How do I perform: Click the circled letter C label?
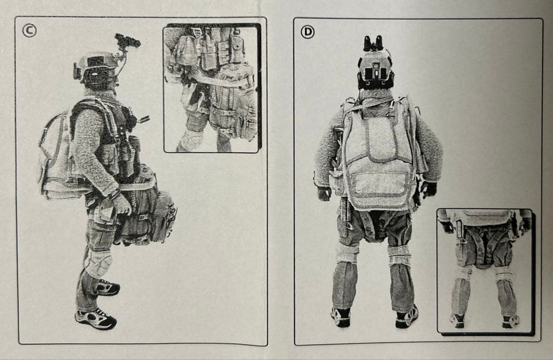click(x=29, y=31)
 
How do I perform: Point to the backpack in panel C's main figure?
click(x=55, y=154)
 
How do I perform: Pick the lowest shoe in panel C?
click(x=96, y=319)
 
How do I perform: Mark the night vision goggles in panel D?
click(x=374, y=43)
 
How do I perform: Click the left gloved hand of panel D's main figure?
click(x=324, y=193)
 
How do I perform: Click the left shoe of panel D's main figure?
click(x=341, y=316)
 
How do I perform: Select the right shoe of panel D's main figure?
click(x=407, y=317)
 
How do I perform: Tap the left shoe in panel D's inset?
click(x=457, y=320)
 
